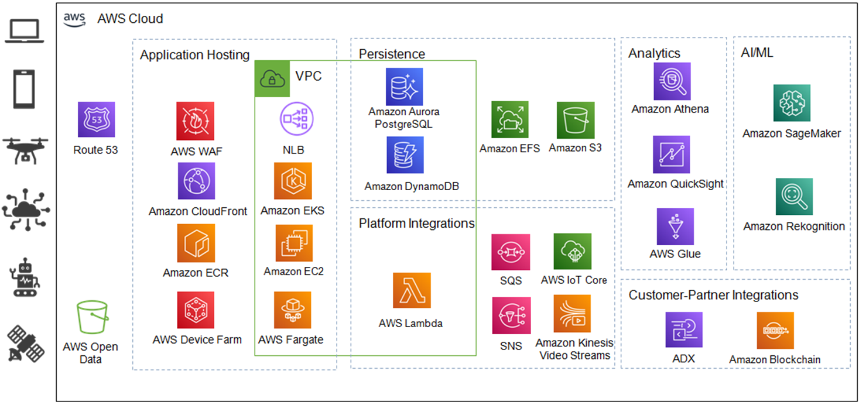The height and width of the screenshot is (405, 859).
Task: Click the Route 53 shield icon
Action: coord(96,120)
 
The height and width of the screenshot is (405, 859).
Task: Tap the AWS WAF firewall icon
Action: coord(195,121)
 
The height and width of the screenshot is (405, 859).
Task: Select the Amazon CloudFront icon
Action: coord(196,181)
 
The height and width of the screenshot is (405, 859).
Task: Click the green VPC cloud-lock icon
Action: coord(272,78)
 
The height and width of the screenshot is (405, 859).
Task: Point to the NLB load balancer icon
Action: coord(293,119)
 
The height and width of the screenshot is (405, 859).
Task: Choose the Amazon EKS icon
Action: coord(293,181)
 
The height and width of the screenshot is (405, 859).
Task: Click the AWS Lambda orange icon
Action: coord(411,290)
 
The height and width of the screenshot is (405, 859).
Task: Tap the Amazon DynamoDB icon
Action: coord(405,155)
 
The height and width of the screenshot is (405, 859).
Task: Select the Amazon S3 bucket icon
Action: coord(575,121)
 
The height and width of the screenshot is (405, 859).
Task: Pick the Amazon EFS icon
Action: coord(509,119)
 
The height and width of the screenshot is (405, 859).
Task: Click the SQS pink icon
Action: coord(511,252)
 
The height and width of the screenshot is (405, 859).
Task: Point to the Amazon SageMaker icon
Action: coord(792,103)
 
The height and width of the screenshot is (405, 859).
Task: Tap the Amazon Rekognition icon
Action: coord(794,197)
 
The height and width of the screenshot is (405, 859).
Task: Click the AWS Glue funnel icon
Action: coord(675,226)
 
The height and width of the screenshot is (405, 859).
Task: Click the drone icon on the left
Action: coord(25,150)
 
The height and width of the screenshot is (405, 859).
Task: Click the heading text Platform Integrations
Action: coord(416,224)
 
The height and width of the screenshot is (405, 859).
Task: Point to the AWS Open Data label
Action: coord(90,353)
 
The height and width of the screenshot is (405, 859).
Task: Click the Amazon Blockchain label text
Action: coord(774,359)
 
